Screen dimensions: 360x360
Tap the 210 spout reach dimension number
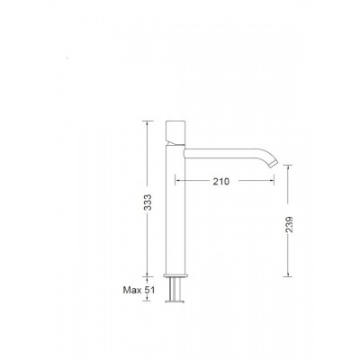point(220,181)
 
